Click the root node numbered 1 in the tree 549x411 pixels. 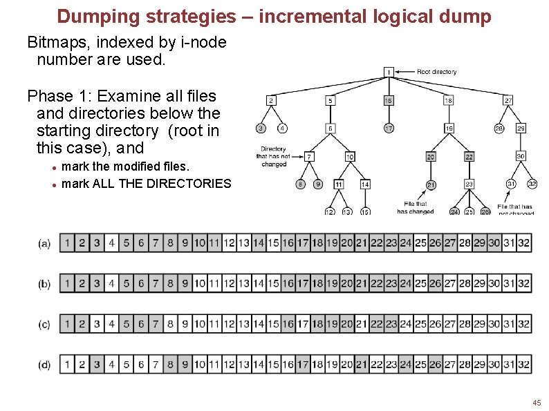389,71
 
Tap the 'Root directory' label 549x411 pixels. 436,71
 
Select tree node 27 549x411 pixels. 508,100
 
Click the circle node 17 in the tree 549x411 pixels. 389,128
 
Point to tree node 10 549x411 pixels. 350,157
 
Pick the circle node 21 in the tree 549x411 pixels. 430,184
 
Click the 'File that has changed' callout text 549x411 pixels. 416,207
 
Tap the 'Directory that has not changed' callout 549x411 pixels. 274,156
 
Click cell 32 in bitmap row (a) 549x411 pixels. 523,242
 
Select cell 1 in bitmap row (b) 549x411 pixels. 67,283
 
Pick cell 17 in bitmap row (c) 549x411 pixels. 303,323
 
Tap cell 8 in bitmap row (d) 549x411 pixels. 170,364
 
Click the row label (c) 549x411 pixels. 44,324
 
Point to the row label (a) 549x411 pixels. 44,243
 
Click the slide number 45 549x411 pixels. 537,402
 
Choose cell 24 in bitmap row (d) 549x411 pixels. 406,364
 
